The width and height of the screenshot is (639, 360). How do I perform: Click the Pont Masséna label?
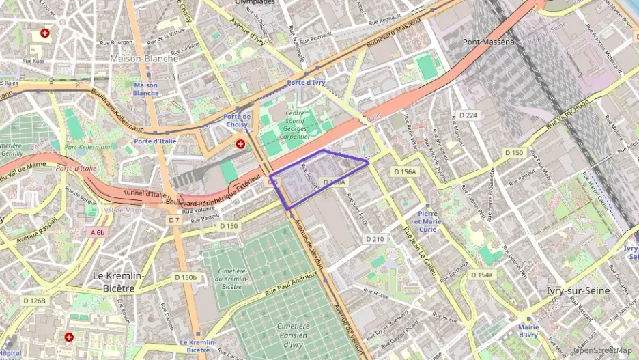488,42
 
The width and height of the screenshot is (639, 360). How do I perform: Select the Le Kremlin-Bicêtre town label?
118,281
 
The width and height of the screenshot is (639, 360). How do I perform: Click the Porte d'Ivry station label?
306,83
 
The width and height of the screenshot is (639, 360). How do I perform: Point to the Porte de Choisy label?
236,120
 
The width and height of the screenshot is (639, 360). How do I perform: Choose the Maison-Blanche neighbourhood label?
144,59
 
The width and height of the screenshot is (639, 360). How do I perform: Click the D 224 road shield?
468,115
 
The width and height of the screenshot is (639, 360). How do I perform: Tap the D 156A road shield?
404,172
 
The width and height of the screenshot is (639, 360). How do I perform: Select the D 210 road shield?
375,239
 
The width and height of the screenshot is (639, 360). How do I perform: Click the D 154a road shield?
481,275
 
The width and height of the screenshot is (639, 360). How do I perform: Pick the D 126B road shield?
34,301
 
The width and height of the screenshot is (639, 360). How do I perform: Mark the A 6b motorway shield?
97,232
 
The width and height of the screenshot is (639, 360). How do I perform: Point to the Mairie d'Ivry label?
528,331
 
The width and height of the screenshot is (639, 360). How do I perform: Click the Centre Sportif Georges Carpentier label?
294,125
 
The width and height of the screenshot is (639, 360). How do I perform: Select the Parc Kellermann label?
87,147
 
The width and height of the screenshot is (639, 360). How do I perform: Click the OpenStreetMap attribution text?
602,350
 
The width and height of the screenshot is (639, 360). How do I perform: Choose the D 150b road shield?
185,277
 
